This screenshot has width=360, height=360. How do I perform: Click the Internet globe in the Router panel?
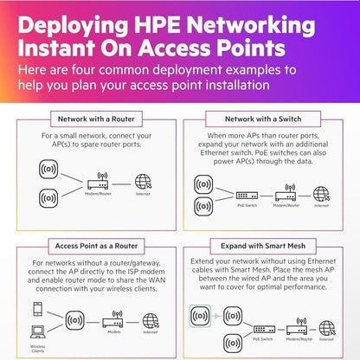tap(143, 183)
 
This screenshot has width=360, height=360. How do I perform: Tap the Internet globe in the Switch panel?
tap(321, 193)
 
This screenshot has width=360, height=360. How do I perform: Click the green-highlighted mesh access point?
tap(199, 317)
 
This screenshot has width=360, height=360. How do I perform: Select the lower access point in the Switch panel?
tap(205, 208)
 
